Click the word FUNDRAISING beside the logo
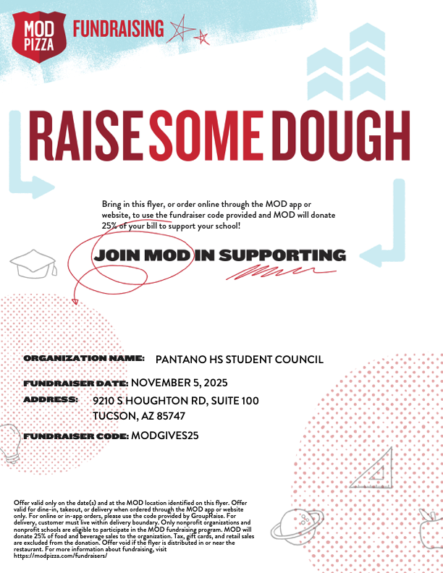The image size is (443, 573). coord(118,29)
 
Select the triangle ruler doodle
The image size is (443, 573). coord(373,467)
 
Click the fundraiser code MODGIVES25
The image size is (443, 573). coord(165,436)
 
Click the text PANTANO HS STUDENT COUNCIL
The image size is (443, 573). coord(239,359)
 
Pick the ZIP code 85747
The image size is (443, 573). coord(170,416)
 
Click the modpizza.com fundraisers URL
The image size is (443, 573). coord(61,555)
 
